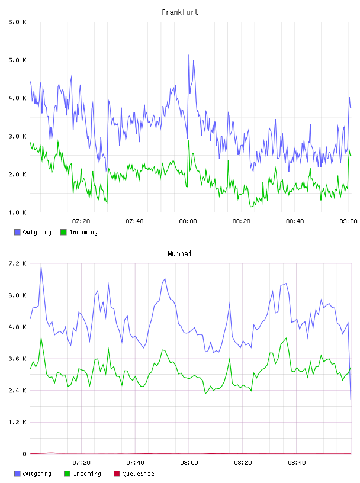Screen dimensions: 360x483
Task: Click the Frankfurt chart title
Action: click(180, 12)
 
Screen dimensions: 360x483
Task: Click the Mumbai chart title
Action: click(179, 254)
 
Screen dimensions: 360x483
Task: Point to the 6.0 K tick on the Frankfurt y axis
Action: click(17, 22)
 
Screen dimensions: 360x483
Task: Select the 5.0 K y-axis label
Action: click(17, 60)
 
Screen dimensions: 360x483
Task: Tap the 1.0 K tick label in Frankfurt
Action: click(17, 212)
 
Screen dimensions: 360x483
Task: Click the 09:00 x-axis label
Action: click(348, 221)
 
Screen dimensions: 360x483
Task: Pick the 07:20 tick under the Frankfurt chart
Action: click(81, 221)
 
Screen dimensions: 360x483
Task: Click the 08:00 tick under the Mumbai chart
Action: click(189, 463)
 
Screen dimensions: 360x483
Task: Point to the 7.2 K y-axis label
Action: click(17, 263)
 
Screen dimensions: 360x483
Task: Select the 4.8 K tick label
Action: click(17, 327)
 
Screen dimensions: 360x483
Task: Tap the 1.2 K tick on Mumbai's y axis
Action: click(17, 422)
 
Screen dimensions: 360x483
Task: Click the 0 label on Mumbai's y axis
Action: click(25, 454)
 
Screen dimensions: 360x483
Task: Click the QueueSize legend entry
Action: click(134, 474)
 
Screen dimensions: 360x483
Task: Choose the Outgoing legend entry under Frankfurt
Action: click(33, 232)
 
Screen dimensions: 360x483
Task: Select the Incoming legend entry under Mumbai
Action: click(83, 474)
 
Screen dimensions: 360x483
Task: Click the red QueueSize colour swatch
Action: click(117, 474)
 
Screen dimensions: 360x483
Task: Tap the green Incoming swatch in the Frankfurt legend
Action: click(63, 232)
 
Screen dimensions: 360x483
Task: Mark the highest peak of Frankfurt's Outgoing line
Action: click(189, 55)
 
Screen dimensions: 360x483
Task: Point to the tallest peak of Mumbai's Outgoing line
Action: click(41, 268)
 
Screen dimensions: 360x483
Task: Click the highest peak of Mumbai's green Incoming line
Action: click(41, 337)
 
